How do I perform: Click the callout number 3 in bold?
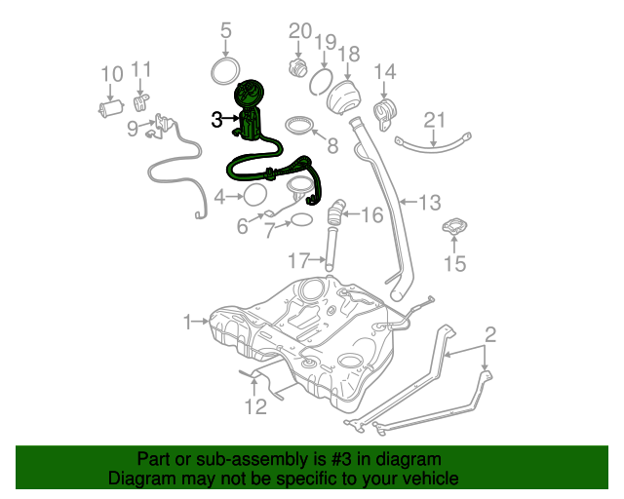(x=216, y=119)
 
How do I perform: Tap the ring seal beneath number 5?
(x=226, y=71)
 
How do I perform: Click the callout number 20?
(x=299, y=31)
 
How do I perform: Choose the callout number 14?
(x=385, y=72)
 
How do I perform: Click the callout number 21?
(x=434, y=120)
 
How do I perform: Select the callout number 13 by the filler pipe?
(x=430, y=203)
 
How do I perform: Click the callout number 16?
(x=373, y=213)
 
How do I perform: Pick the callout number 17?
(x=299, y=259)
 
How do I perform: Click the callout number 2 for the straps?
(x=490, y=335)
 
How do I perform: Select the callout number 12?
(x=255, y=405)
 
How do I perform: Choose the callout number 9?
(x=133, y=127)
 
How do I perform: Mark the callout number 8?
(x=331, y=146)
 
